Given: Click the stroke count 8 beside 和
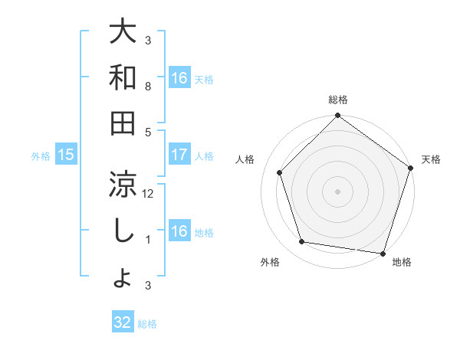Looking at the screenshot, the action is [148, 87].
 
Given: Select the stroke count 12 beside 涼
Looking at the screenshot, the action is [148, 194].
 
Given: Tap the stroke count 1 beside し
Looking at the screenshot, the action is [148, 240].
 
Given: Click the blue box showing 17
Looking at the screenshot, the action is [179, 155].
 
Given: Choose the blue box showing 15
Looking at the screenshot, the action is [66, 155].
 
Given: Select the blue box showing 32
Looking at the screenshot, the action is [123, 322].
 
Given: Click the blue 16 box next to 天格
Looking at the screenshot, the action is [179, 78].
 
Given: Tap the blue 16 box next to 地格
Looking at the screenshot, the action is [179, 231].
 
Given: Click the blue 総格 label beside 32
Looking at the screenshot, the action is [148, 323].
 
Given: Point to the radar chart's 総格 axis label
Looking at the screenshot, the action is [337, 100].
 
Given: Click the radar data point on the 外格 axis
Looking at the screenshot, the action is [302, 242].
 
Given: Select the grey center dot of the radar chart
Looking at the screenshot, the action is [337, 191].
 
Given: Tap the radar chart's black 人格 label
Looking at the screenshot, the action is [246, 160].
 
